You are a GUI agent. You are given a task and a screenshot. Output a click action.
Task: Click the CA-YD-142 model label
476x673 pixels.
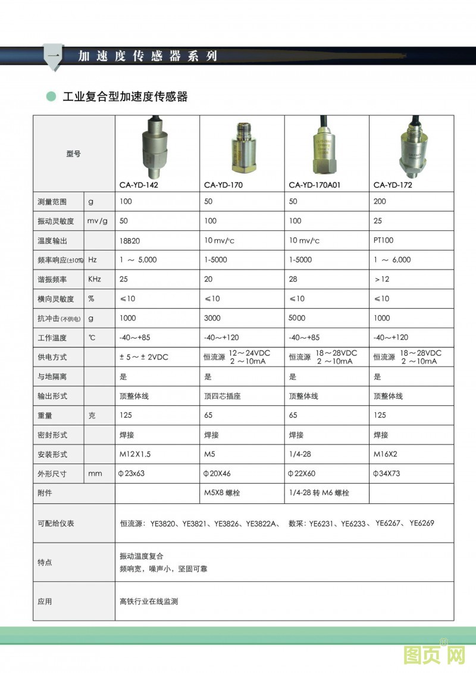point(139,184)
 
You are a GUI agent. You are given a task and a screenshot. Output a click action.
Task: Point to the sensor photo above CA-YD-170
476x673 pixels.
point(242,148)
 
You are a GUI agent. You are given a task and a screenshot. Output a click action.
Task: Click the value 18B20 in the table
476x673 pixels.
point(130,240)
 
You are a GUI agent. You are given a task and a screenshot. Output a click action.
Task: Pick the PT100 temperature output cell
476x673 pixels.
point(383,240)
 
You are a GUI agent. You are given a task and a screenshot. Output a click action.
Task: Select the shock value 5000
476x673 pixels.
point(297,318)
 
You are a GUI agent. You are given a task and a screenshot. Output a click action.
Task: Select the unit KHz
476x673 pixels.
point(95,279)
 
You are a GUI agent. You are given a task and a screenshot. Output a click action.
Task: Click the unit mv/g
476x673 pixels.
point(97,221)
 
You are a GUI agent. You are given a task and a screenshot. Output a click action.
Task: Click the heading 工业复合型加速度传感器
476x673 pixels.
point(125,96)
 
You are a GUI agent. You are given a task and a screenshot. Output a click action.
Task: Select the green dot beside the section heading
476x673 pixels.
point(51,96)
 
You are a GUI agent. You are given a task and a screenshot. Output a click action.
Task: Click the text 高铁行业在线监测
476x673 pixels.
point(149,602)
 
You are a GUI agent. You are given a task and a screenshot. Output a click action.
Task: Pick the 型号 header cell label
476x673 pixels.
point(73,154)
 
